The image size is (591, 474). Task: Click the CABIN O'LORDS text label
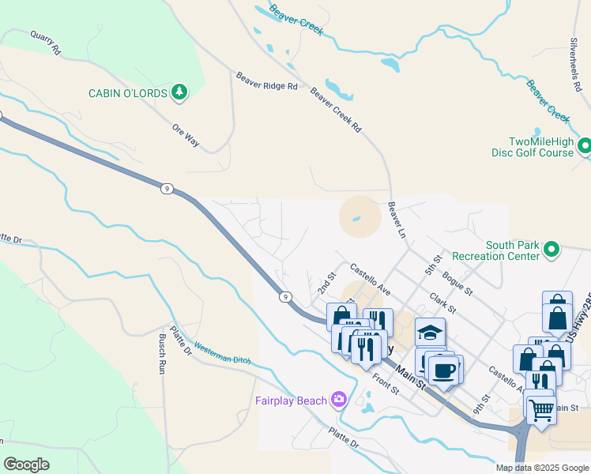(127, 93)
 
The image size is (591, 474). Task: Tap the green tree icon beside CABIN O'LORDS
(180, 92)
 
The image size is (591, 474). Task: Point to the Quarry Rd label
(45, 42)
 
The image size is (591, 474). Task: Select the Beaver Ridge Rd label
(266, 81)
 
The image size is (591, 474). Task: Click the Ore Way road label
(186, 134)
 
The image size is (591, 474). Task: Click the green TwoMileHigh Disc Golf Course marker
(585, 145)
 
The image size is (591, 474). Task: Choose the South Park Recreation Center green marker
(551, 250)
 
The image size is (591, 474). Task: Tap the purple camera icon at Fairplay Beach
(339, 400)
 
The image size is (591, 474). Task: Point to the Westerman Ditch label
(222, 353)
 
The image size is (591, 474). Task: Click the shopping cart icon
(540, 409)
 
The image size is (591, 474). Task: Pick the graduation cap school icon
(430, 332)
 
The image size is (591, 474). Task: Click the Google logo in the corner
(26, 465)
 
